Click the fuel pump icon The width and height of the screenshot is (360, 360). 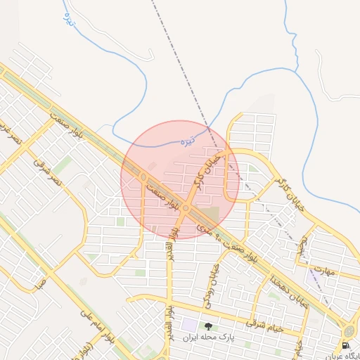click(x=345, y=345)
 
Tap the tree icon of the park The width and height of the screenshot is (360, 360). click(x=207, y=326)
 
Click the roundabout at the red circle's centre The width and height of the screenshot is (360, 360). click(x=186, y=208)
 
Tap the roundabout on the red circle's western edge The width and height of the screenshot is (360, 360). click(x=143, y=177)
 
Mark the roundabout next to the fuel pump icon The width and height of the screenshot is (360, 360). click(x=349, y=331)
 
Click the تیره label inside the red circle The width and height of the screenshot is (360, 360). click(x=187, y=141)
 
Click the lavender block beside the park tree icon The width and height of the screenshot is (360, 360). click(x=190, y=326)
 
